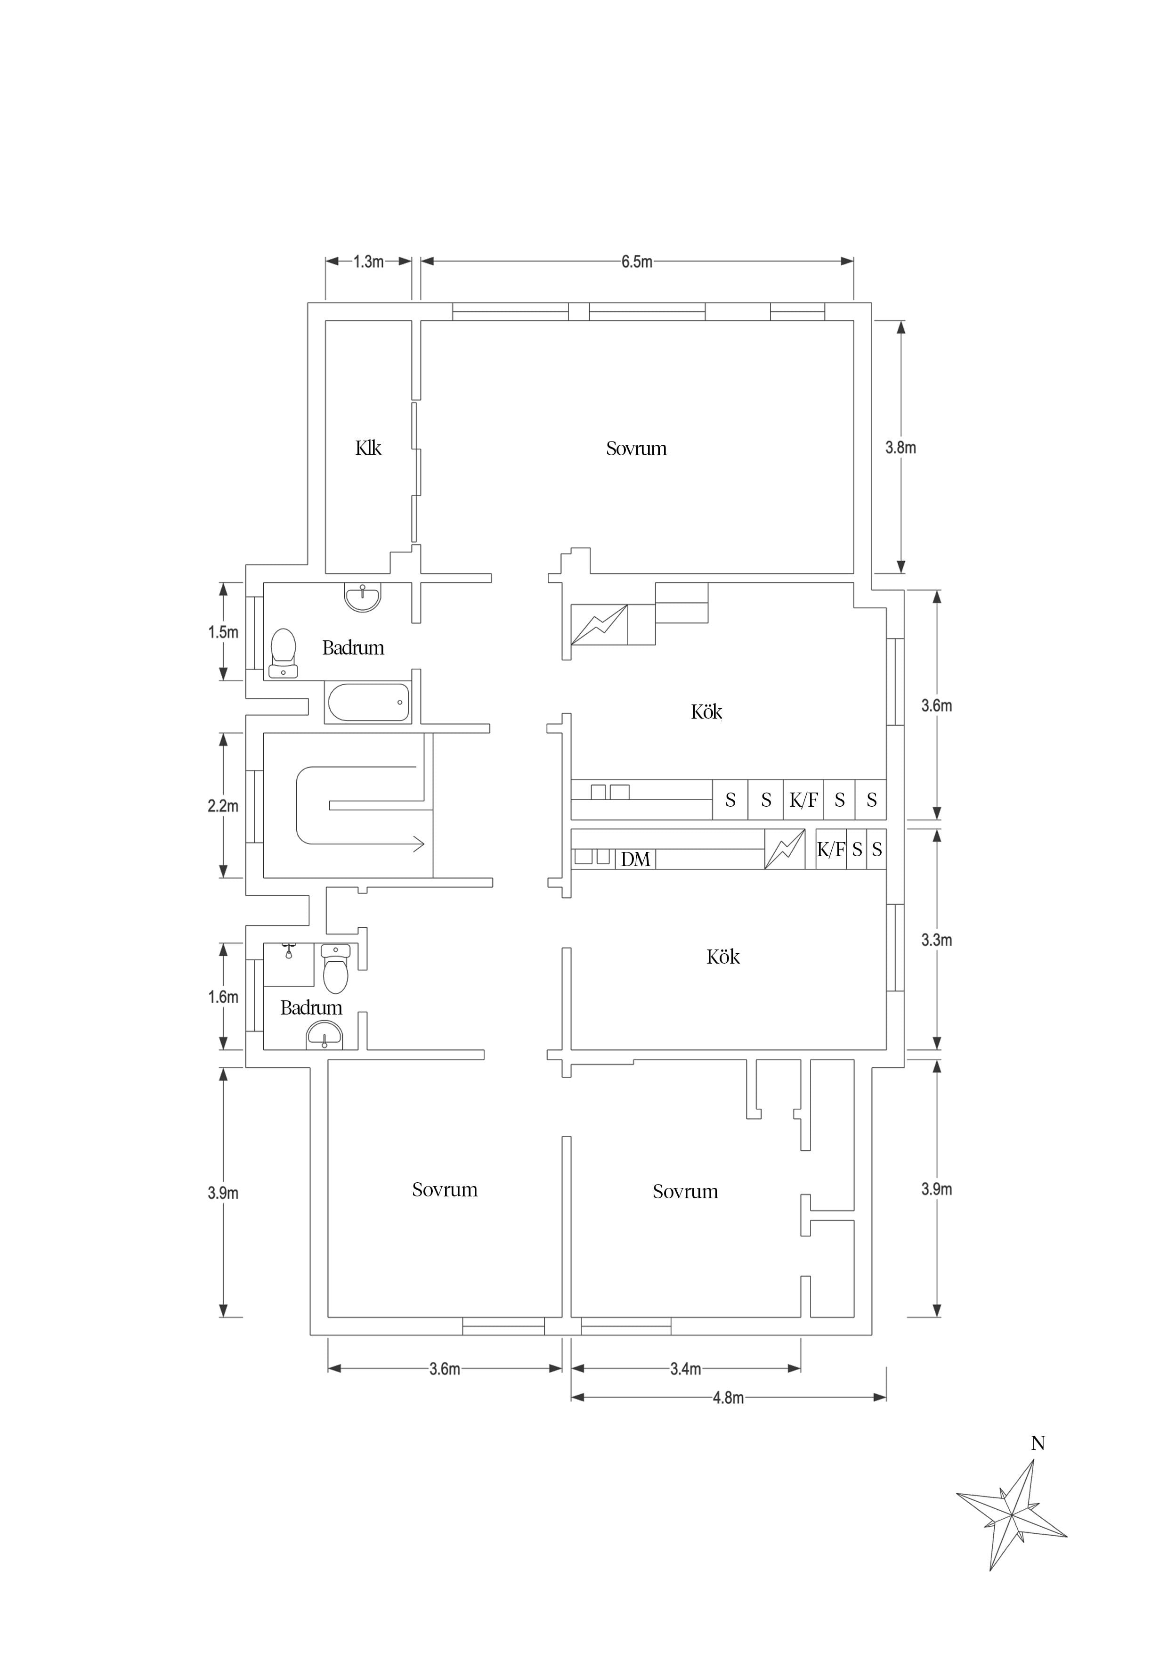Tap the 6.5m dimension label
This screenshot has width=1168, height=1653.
(637, 262)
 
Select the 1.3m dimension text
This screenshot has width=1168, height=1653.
(368, 262)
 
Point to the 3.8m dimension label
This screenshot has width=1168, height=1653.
(900, 447)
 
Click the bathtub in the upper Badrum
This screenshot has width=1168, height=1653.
(368, 702)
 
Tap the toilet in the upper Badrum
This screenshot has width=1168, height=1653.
(283, 653)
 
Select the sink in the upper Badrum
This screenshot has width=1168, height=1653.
(363, 597)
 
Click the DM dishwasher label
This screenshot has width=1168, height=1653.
(635, 859)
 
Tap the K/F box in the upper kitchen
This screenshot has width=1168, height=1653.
(803, 800)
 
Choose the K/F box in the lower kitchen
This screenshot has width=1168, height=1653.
(831, 850)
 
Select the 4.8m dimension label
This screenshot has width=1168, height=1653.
(728, 1398)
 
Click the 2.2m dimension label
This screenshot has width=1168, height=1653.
(223, 806)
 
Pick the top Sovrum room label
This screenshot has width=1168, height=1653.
(636, 449)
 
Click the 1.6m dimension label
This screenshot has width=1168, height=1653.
(223, 997)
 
